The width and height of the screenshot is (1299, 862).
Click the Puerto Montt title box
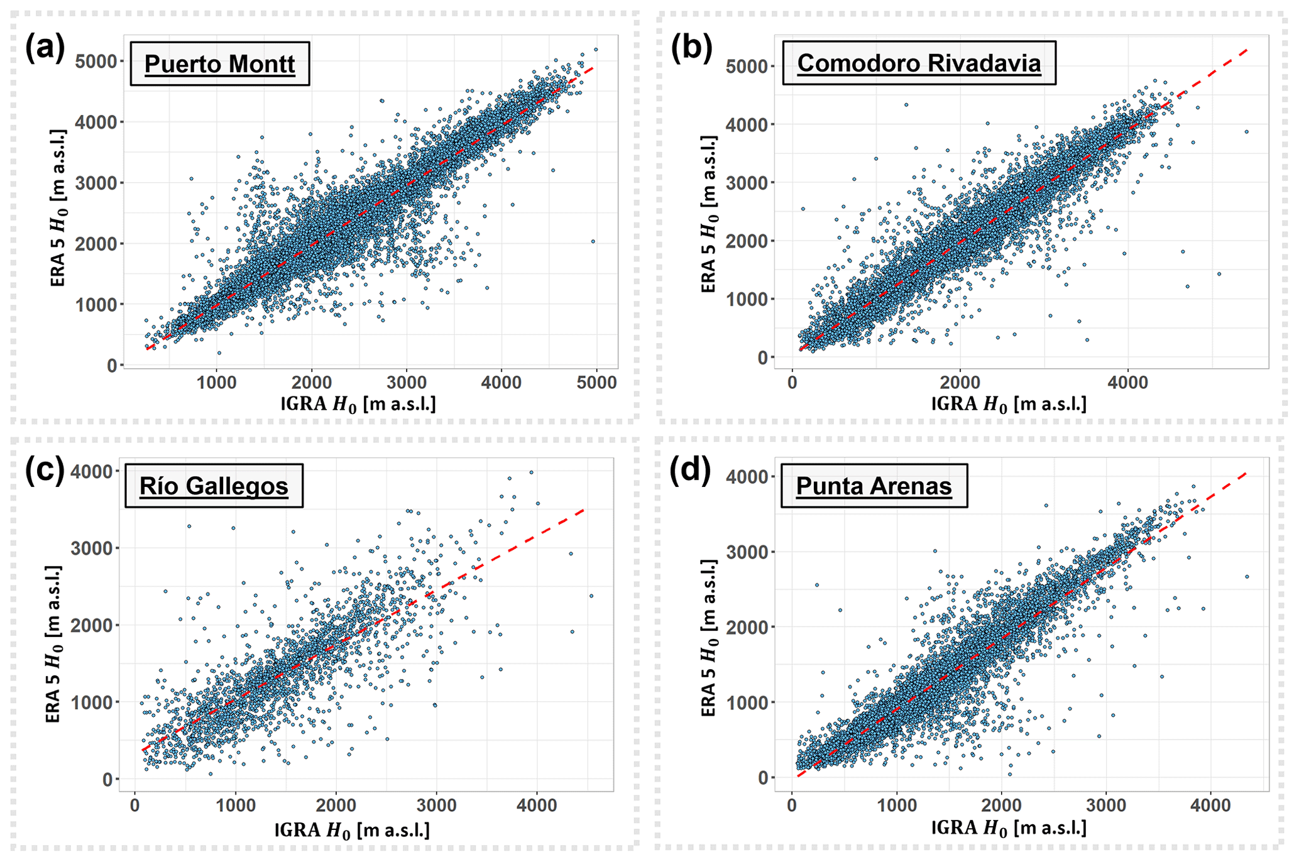tap(219, 64)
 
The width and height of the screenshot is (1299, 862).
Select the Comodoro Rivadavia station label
tap(919, 63)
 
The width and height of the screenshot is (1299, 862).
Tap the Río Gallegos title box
tap(214, 486)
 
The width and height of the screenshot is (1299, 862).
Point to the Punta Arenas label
tap(874, 486)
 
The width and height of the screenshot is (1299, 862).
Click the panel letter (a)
tap(45, 48)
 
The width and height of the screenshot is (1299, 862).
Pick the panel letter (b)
tap(691, 48)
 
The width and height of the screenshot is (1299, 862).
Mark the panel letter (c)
tap(45, 470)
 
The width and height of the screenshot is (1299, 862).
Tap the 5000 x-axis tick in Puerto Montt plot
tap(596, 383)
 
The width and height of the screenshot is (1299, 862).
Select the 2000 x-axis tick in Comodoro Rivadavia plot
tap(960, 383)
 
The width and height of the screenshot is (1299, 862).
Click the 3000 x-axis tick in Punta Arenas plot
tap(1106, 805)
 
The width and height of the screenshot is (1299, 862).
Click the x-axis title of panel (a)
tap(358, 404)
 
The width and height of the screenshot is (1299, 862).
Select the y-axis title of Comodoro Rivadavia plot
tap(709, 214)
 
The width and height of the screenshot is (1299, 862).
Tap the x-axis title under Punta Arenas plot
tap(1008, 828)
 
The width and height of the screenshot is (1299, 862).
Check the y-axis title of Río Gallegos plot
tap(54, 644)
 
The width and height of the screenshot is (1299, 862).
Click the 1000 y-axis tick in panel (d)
tap(747, 702)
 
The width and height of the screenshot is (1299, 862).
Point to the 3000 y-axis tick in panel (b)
tap(747, 183)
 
